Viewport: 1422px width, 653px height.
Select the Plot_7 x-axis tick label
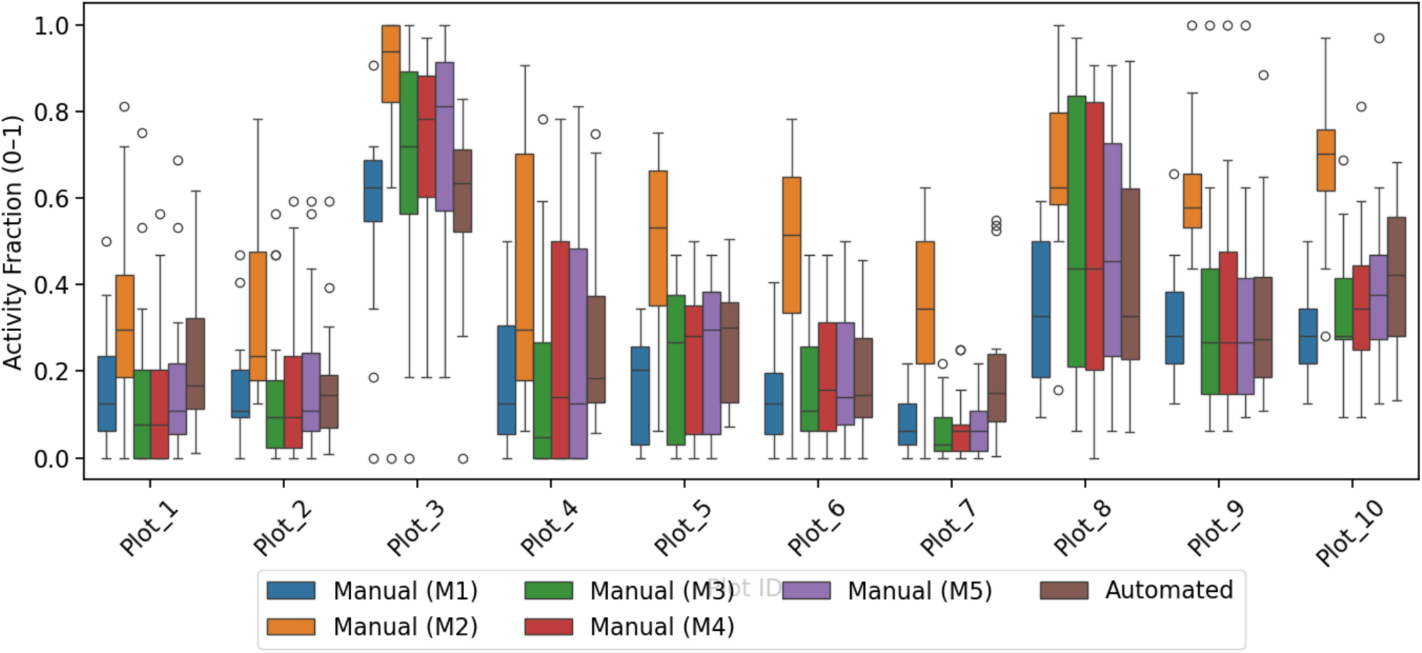point(948,528)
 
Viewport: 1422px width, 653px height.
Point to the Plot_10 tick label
point(1349,531)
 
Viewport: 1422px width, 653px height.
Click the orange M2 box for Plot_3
point(391,64)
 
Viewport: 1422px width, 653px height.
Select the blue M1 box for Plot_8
point(1041,310)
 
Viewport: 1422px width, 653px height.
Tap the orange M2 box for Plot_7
point(925,302)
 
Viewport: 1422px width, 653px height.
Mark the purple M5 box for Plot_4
point(578,353)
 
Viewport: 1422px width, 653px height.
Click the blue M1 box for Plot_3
point(373,191)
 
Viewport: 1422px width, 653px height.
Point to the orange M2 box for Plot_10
point(1326,160)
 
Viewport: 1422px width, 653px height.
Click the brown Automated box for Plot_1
point(195,363)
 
